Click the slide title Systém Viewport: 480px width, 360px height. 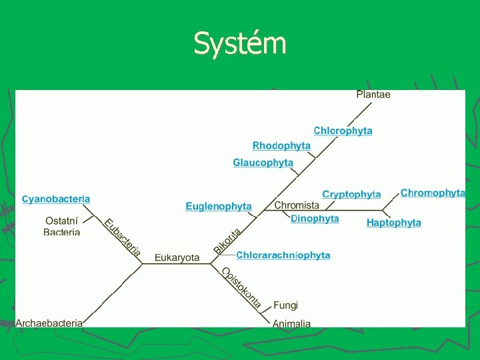click(239, 44)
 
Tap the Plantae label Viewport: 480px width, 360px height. click(373, 95)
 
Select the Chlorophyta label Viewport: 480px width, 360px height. click(343, 131)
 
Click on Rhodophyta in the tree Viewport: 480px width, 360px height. click(281, 145)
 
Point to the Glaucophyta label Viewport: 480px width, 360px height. click(263, 163)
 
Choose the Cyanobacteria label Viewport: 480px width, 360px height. click(56, 199)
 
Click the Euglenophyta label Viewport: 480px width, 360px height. click(219, 207)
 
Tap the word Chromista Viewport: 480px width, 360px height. click(297, 205)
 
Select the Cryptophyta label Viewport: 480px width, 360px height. click(351, 195)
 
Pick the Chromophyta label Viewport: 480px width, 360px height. click(433, 193)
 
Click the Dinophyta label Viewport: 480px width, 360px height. click(315, 219)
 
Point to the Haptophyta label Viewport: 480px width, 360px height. click(394, 223)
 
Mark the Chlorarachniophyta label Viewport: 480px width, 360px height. click(283, 255)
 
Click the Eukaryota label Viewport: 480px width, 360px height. click(177, 257)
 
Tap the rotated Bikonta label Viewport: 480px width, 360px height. click(227, 241)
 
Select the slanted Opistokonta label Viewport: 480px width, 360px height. click(241, 287)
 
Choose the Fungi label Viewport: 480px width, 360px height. click(285, 305)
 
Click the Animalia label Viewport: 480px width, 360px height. click(291, 323)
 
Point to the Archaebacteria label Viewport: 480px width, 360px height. click(49, 323)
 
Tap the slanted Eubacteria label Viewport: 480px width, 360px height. click(123, 237)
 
